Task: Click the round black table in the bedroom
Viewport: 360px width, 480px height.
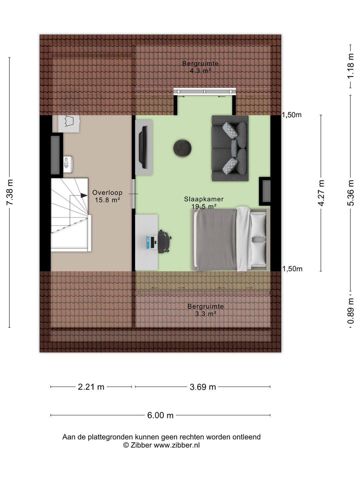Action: point(182,148)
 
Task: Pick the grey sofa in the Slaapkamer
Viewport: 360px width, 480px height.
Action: point(230,148)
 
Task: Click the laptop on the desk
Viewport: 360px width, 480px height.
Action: point(151,242)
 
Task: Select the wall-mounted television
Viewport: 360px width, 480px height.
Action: point(144,147)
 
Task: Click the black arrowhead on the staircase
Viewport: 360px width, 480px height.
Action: point(84,196)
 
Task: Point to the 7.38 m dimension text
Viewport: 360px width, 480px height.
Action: point(10,192)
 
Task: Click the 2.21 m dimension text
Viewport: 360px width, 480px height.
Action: point(91,387)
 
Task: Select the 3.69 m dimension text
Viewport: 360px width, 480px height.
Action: point(203,387)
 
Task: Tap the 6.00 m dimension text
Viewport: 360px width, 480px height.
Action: point(160,415)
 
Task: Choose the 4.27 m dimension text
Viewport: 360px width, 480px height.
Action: point(321,193)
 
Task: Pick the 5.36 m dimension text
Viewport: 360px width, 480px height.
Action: point(351,193)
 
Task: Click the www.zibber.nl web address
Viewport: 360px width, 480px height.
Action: point(177,445)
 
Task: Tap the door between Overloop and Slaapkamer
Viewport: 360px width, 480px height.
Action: point(134,194)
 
